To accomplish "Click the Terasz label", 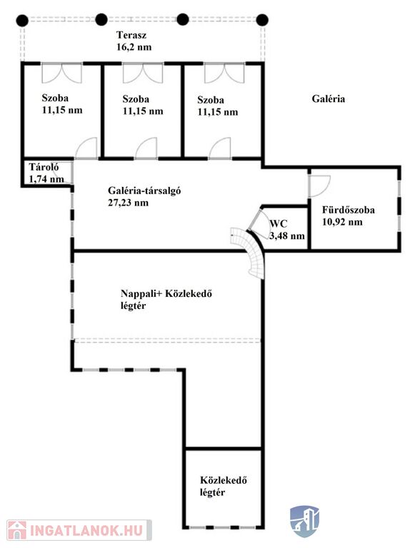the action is tap(131, 35).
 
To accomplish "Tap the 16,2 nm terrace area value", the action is tap(134, 47).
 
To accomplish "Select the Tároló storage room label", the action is tap(44, 167).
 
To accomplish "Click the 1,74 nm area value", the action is tap(46, 179).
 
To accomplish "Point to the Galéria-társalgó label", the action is tap(144, 191).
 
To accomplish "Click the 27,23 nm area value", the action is tap(128, 203).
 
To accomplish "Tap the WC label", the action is tap(279, 223).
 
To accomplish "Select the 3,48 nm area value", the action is tap(287, 236).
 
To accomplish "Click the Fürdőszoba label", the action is tap(349, 210).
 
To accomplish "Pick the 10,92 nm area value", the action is tap(342, 222).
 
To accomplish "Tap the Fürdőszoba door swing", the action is tap(319, 186).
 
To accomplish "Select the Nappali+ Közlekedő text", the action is tap(166, 293).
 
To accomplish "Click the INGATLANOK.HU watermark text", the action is tap(86, 530).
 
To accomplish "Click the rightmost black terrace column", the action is tap(262, 20).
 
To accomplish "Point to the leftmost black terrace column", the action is tap(22, 20).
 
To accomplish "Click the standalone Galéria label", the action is tap(329, 99).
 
